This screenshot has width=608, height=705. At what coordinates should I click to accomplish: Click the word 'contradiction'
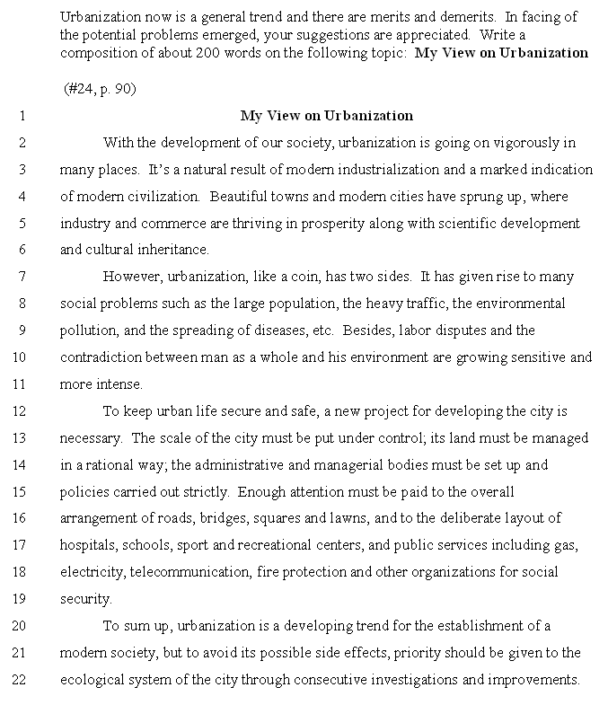click(101, 357)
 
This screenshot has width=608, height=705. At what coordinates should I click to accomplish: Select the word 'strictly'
click(203, 492)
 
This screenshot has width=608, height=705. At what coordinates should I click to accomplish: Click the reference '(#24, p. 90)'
click(100, 89)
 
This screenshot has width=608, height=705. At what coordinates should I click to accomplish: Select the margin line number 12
click(21, 411)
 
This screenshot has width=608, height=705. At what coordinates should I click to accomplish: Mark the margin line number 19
click(21, 599)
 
